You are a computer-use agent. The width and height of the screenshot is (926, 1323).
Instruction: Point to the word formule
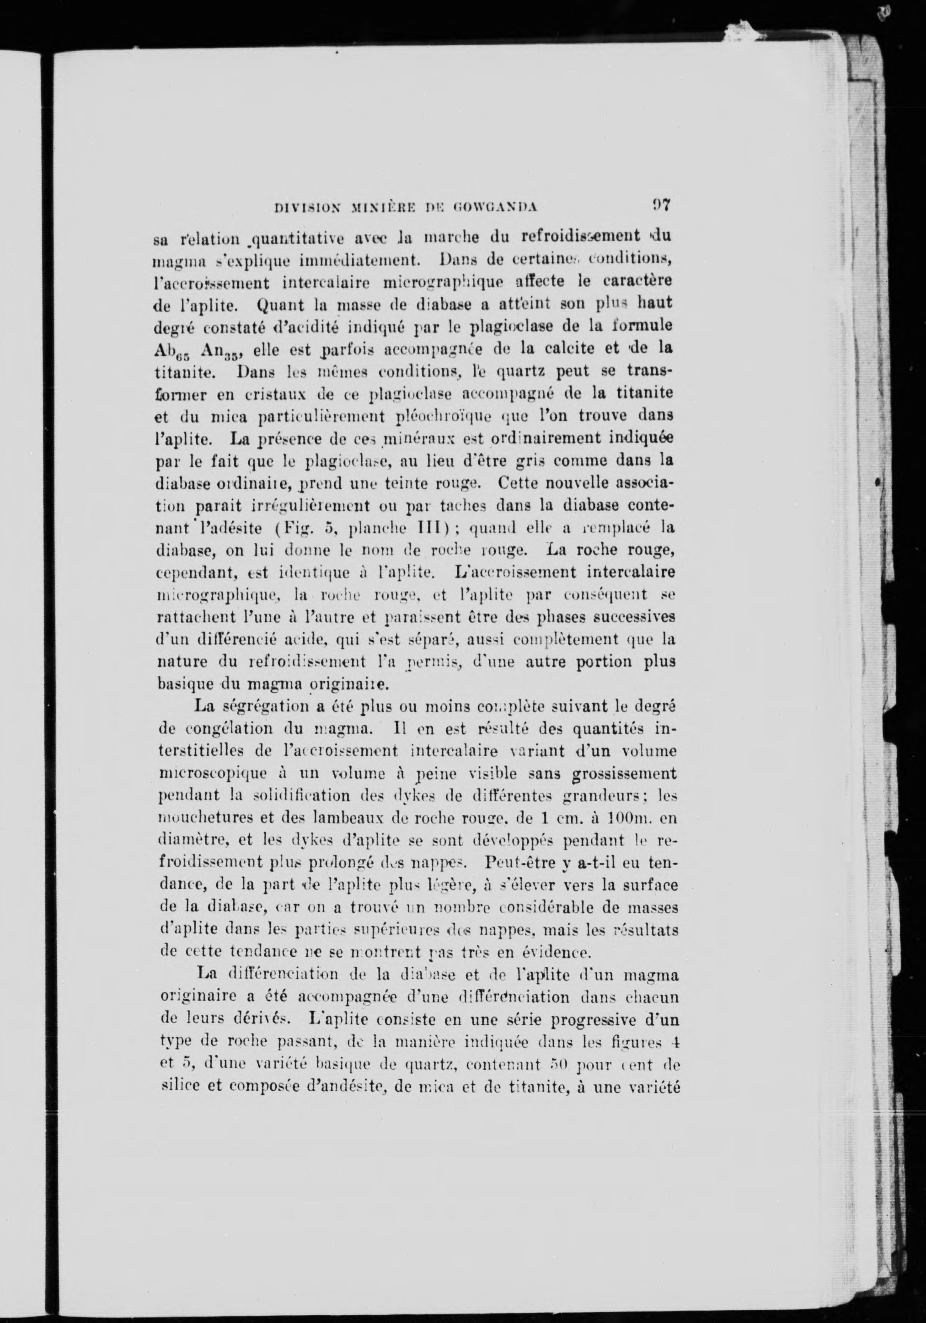click(641, 326)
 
